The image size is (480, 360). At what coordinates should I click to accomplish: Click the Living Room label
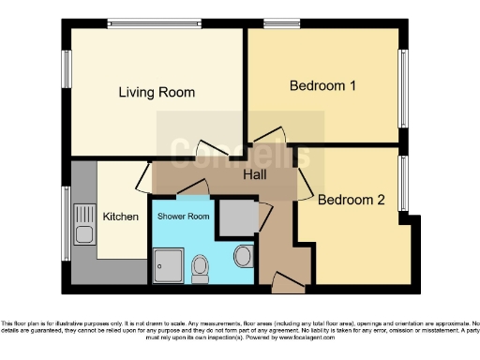click(157, 92)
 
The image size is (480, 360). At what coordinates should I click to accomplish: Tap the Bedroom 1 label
click(322, 86)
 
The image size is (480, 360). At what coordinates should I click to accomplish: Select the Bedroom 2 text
click(351, 200)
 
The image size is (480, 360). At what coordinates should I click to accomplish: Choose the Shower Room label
click(182, 216)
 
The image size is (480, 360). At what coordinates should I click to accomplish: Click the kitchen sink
click(84, 226)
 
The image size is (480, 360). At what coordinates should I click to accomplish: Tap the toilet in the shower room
click(199, 270)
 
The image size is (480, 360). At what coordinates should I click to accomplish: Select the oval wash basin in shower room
click(243, 256)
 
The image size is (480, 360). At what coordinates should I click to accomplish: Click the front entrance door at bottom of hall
click(282, 277)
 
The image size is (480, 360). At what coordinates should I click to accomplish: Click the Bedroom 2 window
click(406, 183)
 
